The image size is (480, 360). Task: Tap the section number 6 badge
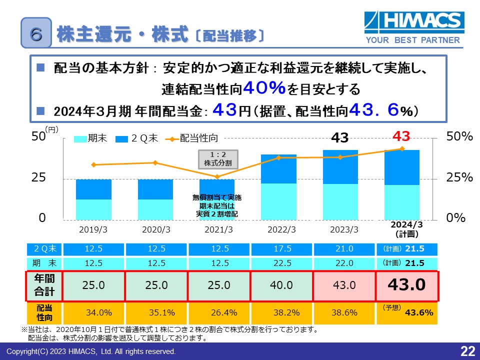(36, 33)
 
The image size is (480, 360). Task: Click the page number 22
(467, 351)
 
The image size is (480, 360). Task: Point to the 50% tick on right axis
(459, 136)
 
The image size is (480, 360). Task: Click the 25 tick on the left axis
(39, 178)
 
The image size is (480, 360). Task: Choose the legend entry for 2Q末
(137, 138)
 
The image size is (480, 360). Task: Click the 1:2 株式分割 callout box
(218, 158)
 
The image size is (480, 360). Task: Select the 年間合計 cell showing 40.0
(281, 285)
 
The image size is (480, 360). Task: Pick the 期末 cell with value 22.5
(281, 263)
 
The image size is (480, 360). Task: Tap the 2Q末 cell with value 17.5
(281, 249)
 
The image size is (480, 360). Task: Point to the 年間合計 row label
(44, 286)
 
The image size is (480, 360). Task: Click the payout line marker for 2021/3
(217, 177)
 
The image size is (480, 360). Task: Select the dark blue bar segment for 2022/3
(279, 169)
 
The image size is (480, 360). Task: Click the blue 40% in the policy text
(264, 89)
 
